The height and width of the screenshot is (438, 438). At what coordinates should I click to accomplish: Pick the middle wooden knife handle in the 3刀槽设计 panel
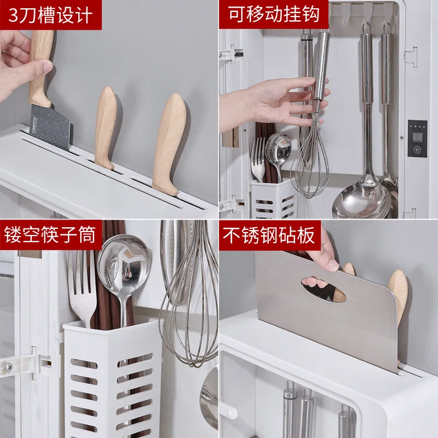pos(105,128)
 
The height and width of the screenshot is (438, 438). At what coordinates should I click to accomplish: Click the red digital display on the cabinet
pos(418,136)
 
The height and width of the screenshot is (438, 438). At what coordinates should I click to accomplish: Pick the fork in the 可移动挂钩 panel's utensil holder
pos(258,159)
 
